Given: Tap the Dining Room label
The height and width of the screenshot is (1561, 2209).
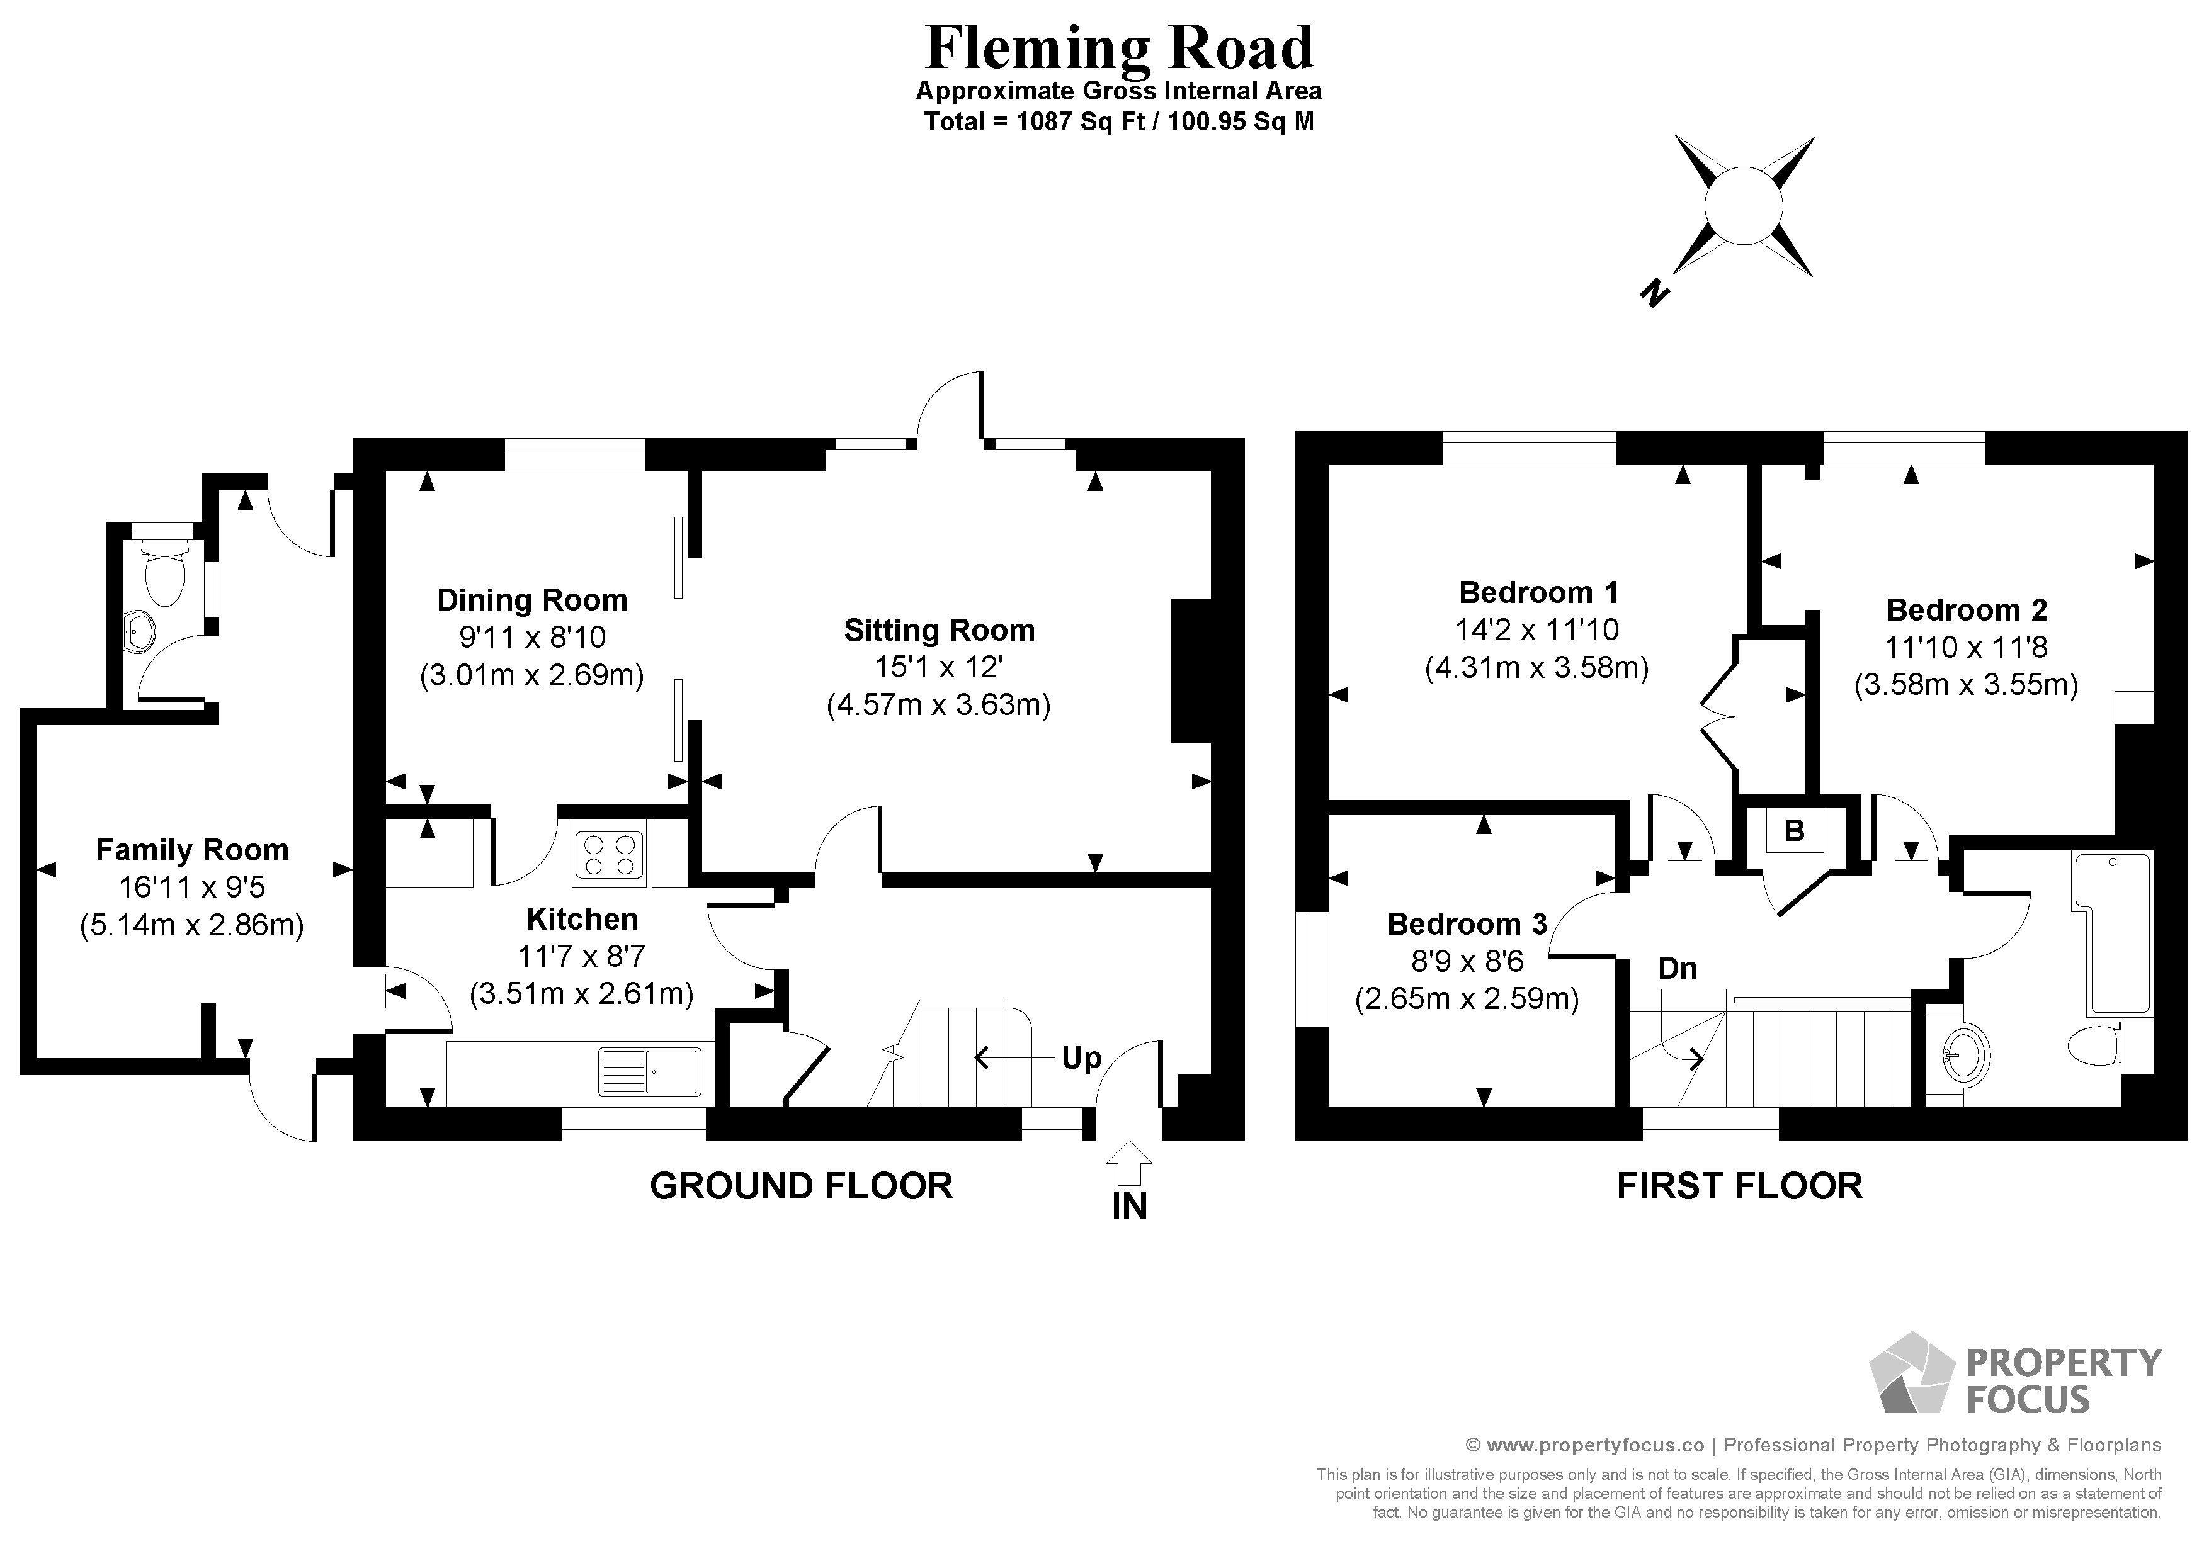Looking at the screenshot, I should [x=532, y=600].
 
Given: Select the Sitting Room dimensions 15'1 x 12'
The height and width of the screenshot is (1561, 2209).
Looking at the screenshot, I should [x=938, y=667].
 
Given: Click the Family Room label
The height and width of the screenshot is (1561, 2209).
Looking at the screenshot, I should [x=193, y=850].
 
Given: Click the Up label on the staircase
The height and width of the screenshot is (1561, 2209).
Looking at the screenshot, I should [x=1081, y=1058].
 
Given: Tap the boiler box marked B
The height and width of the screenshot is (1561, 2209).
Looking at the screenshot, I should [x=1793, y=831].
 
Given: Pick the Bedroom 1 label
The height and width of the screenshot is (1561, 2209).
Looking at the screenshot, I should [x=1538, y=592].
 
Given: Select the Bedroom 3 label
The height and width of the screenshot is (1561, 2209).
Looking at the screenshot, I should [x=1466, y=924].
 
